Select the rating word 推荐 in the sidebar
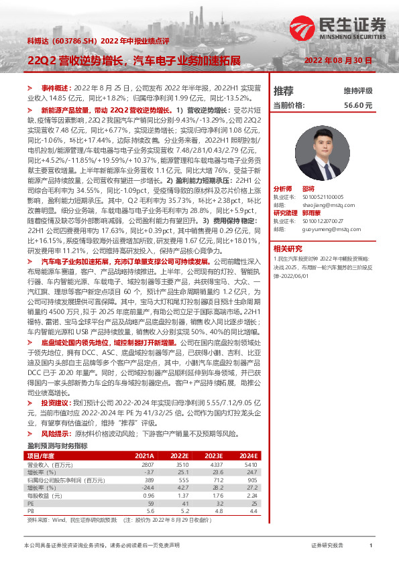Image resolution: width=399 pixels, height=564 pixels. click(284, 90)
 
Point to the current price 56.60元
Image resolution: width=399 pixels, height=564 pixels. click(357, 106)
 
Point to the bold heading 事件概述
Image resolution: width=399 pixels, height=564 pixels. click(55, 88)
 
